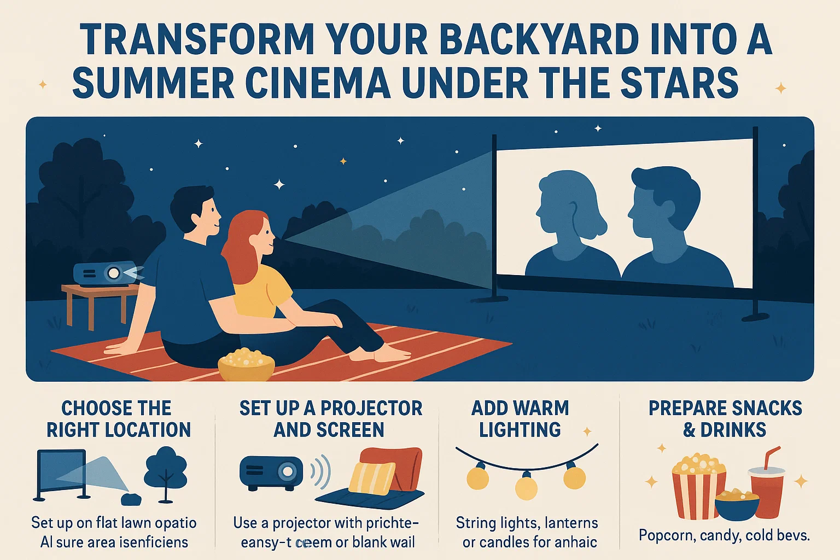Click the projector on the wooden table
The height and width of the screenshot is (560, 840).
[x=105, y=274]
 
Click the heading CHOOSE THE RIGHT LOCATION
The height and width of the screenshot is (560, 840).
[x=118, y=419]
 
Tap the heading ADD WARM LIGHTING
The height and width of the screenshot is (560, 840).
[x=520, y=419]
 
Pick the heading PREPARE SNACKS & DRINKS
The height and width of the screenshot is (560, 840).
[x=725, y=419]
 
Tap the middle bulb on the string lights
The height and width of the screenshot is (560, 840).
[x=526, y=486]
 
